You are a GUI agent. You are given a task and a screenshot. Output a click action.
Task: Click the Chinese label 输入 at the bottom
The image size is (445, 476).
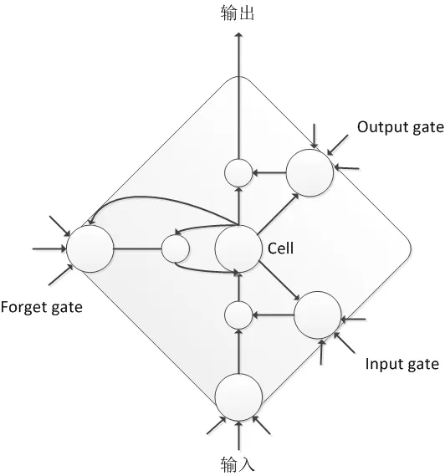[x=238, y=463]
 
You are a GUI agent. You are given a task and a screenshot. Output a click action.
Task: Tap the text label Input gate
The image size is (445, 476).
[x=402, y=364]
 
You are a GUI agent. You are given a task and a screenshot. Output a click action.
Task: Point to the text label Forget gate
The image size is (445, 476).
[x=41, y=307]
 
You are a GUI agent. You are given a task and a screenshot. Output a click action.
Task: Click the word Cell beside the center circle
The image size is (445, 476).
[x=280, y=248]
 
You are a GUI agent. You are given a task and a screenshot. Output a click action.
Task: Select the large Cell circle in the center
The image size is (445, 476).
[x=239, y=248]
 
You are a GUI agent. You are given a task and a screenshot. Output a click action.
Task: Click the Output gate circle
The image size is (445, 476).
[x=309, y=173]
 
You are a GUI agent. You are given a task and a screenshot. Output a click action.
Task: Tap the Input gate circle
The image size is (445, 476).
[x=318, y=315]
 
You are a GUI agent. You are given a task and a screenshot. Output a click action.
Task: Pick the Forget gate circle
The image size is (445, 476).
[x=90, y=248]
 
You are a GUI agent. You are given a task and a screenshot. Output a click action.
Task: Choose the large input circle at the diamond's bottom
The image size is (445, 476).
[x=239, y=397]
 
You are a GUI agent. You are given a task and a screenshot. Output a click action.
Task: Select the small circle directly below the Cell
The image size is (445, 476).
[x=239, y=315]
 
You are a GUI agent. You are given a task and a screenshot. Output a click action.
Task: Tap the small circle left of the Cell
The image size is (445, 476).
[x=176, y=248]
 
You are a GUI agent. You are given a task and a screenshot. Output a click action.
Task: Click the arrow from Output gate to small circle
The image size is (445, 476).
[x=269, y=173]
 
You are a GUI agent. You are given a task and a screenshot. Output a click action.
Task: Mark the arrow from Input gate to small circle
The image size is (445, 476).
[x=274, y=315]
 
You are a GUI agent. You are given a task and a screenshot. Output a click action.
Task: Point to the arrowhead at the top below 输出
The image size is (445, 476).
[x=239, y=37]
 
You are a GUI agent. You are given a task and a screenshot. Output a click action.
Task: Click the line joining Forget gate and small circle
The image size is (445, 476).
[x=137, y=248]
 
